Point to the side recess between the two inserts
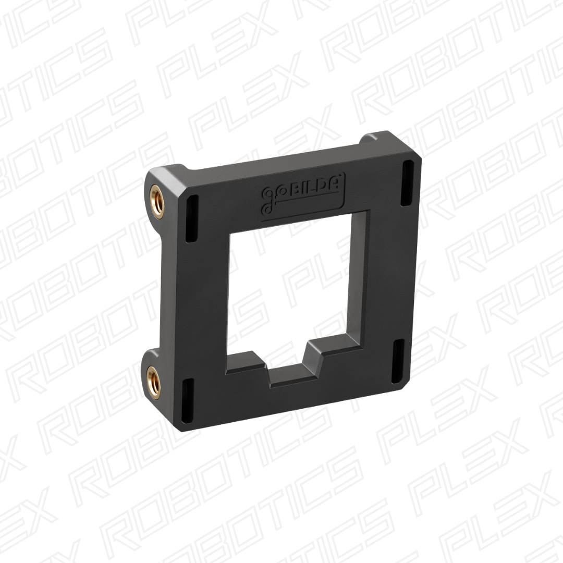(x=156, y=287)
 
